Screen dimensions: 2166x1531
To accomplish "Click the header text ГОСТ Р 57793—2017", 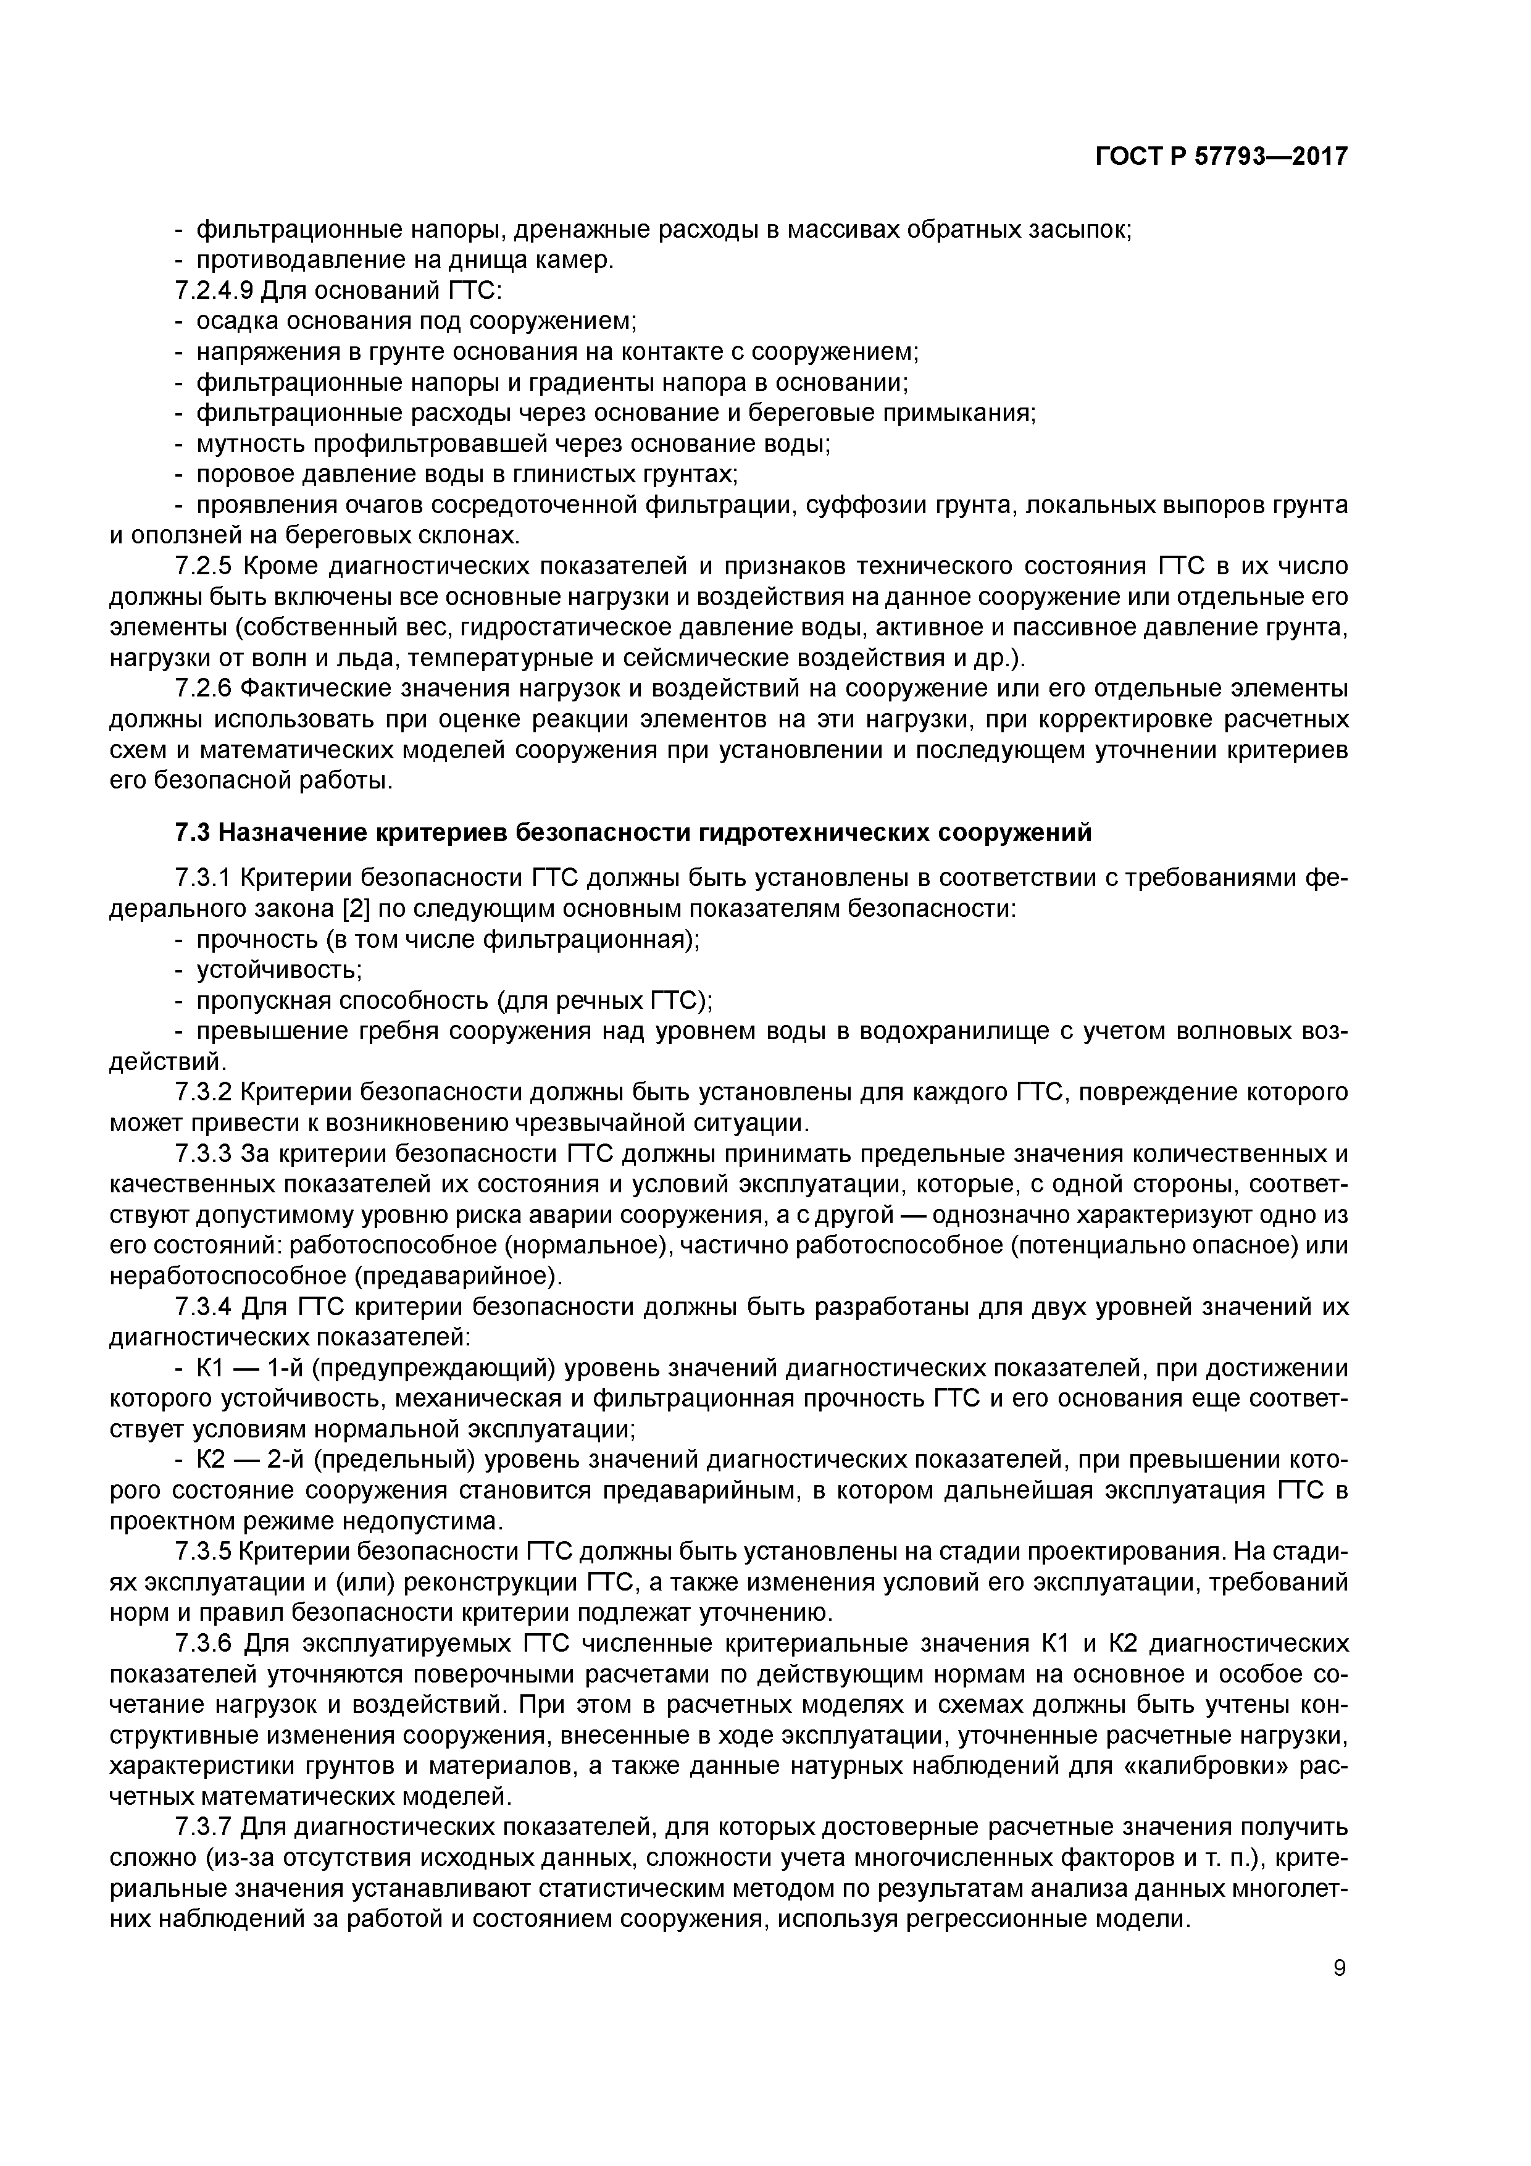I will pos(1220,157).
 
